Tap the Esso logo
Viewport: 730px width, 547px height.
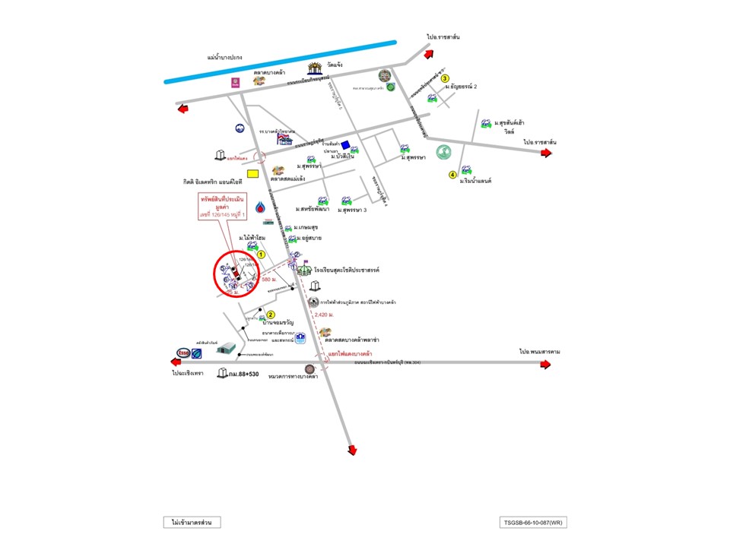[x=182, y=353]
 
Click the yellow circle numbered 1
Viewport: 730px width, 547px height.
[x=261, y=255]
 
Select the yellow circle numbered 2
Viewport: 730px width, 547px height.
[x=270, y=315]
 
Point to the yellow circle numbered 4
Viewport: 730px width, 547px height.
[x=452, y=175]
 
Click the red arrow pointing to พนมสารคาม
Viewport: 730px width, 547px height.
[x=545, y=365]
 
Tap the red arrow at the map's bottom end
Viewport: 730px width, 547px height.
[x=352, y=451]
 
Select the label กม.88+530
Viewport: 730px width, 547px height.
[x=243, y=374]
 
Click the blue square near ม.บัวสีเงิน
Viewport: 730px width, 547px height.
[x=345, y=145]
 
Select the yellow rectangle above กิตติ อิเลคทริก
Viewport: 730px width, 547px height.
[x=252, y=173]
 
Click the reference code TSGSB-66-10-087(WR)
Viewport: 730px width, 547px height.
[x=533, y=522]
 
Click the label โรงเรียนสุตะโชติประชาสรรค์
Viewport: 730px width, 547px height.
[x=346, y=270]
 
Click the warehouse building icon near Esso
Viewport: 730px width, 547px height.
[x=226, y=348]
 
